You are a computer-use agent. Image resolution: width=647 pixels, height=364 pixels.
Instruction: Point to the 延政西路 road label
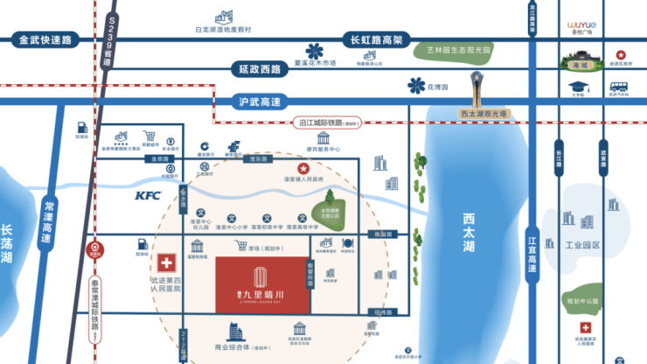259,68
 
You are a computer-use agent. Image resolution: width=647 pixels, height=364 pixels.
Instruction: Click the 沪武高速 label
259,101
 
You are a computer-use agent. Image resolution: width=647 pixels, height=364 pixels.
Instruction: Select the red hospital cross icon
165,263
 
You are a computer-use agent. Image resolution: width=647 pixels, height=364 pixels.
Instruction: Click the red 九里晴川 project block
261,283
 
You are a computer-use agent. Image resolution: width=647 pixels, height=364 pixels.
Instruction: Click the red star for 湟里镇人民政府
303,168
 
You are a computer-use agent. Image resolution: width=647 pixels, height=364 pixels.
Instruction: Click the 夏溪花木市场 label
315,63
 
